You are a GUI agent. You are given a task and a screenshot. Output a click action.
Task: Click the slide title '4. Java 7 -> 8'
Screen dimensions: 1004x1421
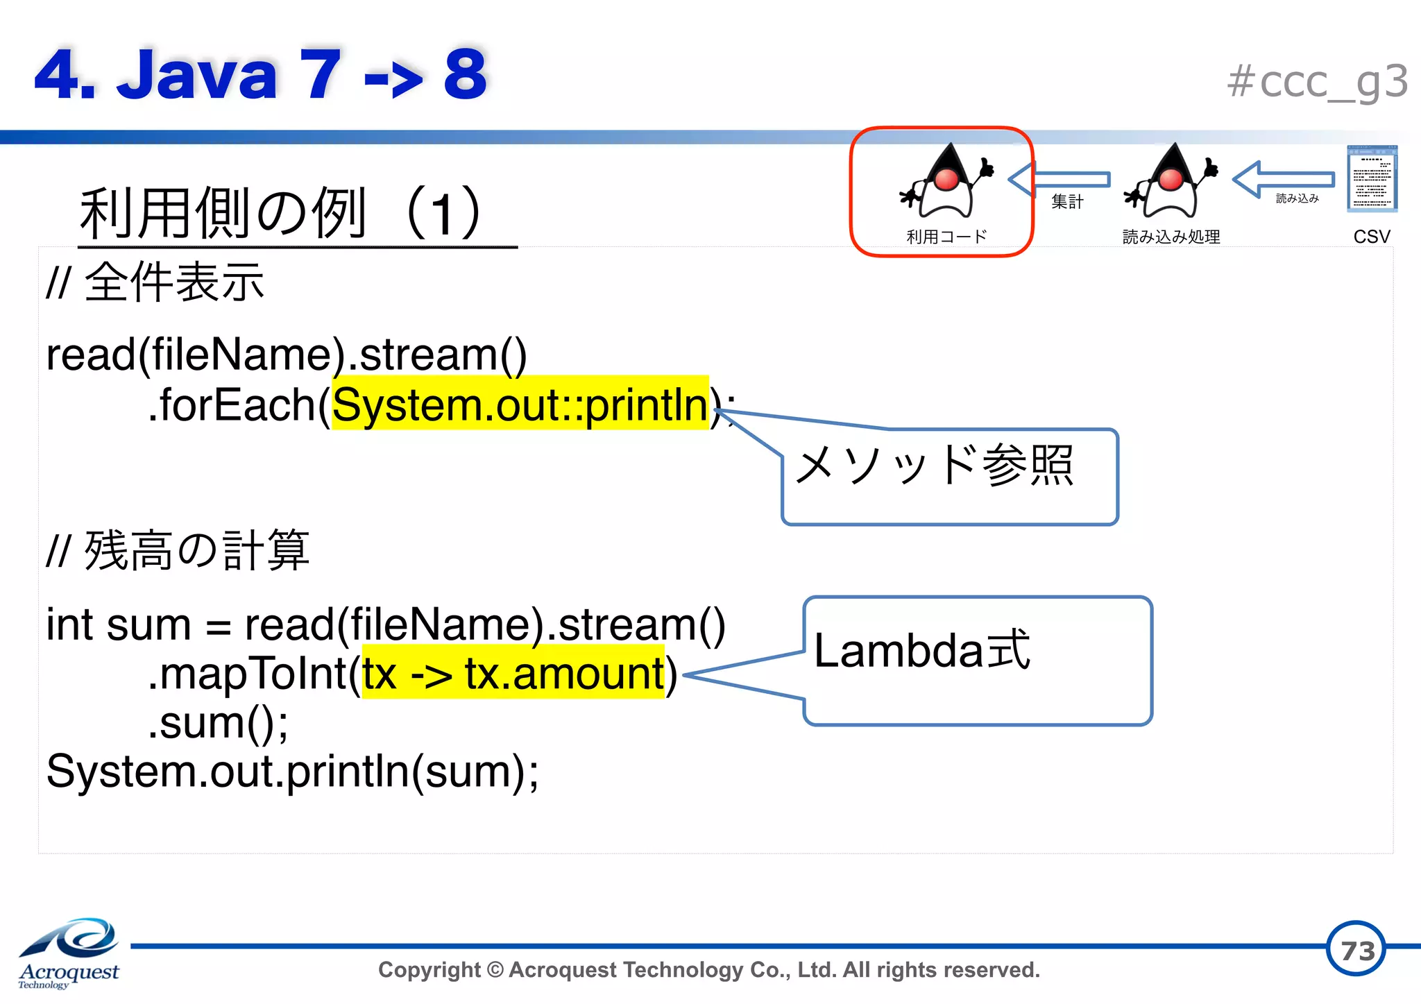coord(260,74)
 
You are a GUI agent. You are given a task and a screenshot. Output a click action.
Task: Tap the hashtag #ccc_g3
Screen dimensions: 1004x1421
coord(1316,82)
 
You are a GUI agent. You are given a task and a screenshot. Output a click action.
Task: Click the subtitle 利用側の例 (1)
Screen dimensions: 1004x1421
coord(281,213)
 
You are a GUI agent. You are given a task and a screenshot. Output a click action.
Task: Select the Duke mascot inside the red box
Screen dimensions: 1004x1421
coord(946,182)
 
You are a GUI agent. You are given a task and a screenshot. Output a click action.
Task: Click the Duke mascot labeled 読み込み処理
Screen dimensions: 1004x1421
coord(1171,182)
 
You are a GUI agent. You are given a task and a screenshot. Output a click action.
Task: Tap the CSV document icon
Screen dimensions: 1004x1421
coord(1371,179)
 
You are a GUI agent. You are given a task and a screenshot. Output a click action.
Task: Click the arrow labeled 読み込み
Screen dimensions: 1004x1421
coord(1284,179)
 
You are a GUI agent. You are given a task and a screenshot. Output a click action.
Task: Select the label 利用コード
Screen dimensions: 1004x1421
coord(946,237)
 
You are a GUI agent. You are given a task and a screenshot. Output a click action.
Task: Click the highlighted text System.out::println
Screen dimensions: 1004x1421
coord(520,405)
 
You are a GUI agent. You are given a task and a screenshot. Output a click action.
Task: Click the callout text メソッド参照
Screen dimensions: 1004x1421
coord(934,465)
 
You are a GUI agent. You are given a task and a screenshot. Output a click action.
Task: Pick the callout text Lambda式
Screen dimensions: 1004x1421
coord(921,650)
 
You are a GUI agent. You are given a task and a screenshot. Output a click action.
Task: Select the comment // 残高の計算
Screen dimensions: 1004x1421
coord(178,550)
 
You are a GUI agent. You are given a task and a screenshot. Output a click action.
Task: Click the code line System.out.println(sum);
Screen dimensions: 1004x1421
coord(291,771)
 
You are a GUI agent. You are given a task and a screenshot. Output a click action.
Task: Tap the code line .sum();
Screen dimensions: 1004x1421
coord(218,722)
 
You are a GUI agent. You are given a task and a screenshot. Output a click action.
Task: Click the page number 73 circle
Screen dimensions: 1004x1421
coord(1356,949)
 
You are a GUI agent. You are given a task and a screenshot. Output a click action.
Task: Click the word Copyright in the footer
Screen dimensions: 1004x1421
coord(429,969)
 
